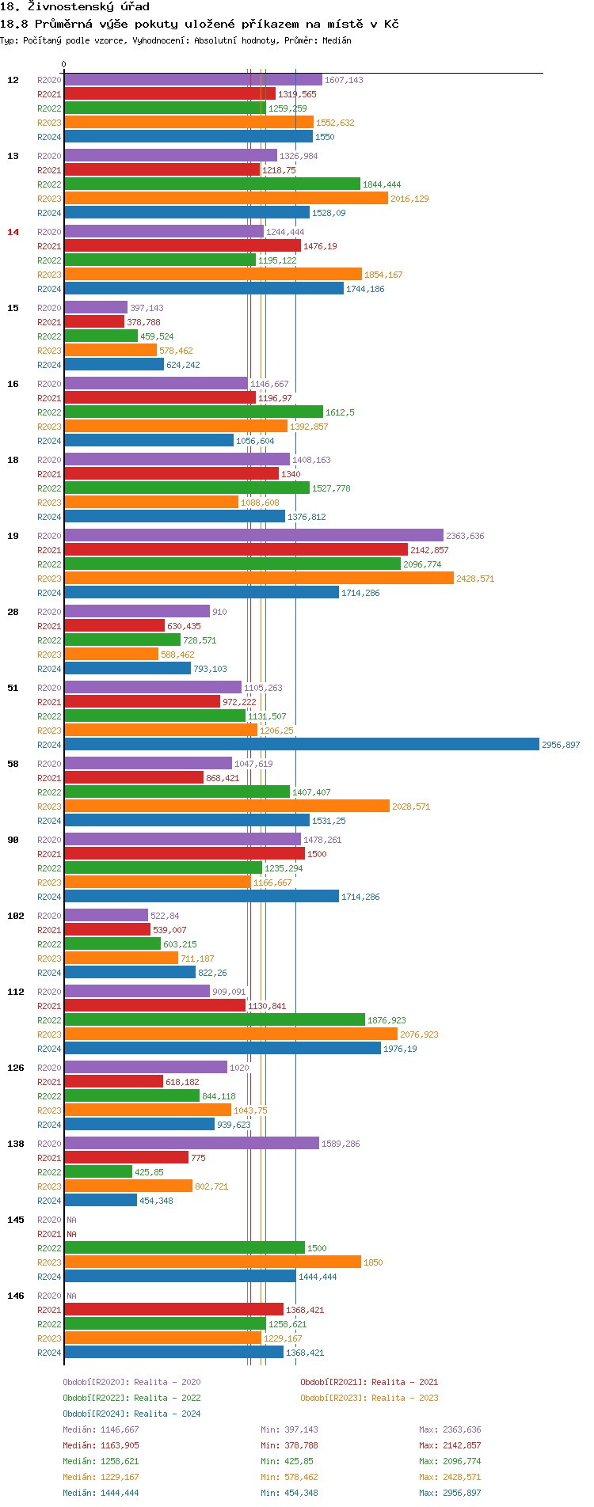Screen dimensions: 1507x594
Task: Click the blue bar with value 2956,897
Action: (301, 745)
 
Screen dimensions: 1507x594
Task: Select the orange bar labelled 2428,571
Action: (259, 579)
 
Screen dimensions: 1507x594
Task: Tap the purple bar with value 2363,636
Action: (253, 536)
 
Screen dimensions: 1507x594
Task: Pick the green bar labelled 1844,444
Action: (212, 184)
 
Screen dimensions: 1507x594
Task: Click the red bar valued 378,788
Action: (94, 322)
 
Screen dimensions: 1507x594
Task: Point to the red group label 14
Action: (13, 232)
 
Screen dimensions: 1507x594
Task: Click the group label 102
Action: (16, 916)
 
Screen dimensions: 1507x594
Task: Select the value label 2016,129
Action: (409, 199)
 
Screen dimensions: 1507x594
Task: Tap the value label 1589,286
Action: (341, 1144)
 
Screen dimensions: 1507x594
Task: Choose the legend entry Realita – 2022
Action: (131, 1398)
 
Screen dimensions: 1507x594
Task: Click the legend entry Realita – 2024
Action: (131, 1414)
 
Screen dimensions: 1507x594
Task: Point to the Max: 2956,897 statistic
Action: (450, 1493)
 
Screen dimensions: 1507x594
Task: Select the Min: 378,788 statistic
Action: (289, 1445)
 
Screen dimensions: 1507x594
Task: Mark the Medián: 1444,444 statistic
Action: (101, 1493)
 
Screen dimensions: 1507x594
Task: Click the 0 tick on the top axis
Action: (64, 65)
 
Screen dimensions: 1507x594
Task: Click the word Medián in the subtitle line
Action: (336, 40)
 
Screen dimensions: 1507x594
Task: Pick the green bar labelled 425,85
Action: (98, 1172)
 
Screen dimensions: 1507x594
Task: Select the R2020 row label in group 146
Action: (49, 1296)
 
